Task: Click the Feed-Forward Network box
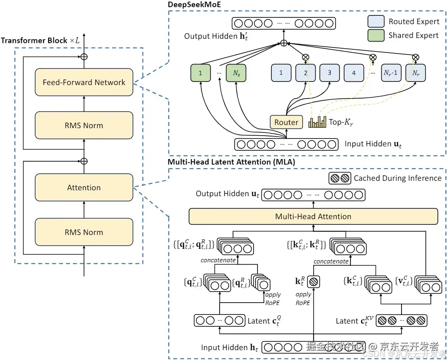(x=84, y=82)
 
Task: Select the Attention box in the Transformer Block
(x=84, y=188)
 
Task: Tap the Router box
(x=286, y=122)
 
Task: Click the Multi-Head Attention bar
(x=313, y=216)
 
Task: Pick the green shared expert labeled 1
(x=201, y=73)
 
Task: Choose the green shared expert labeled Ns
(x=236, y=73)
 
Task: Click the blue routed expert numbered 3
(x=330, y=73)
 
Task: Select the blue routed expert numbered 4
(x=354, y=73)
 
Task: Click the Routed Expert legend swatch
(x=375, y=22)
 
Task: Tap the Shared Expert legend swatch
(x=375, y=35)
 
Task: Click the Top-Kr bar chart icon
(x=317, y=122)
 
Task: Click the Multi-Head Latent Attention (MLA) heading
(x=231, y=162)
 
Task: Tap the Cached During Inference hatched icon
(x=340, y=178)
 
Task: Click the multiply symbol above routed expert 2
(x=305, y=57)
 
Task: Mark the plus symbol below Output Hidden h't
(x=284, y=43)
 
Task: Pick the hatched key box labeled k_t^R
(x=313, y=282)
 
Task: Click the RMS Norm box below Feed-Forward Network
(x=84, y=125)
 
